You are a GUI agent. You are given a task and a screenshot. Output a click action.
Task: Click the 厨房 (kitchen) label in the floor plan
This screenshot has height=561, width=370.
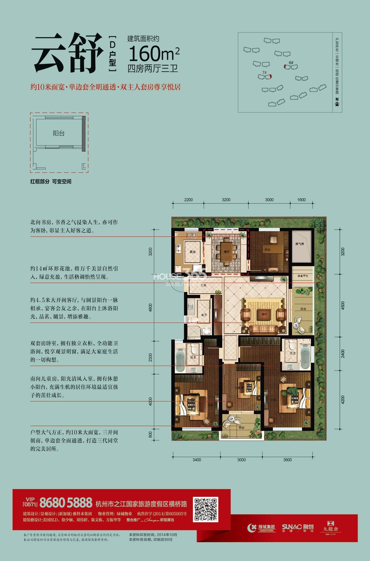(x=192, y=252)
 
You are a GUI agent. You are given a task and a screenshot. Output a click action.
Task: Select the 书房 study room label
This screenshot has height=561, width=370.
(x=267, y=250)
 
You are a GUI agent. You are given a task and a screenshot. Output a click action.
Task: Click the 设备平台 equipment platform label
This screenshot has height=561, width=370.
(x=303, y=276)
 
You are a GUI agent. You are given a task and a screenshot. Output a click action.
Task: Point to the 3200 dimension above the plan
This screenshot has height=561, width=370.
(x=226, y=200)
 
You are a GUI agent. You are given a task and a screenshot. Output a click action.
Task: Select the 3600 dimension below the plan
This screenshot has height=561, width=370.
(x=287, y=460)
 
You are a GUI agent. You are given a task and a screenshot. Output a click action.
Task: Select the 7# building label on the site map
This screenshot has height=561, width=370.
(x=264, y=72)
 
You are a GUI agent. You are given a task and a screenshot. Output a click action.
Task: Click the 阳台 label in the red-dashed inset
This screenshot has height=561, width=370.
(x=59, y=134)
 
